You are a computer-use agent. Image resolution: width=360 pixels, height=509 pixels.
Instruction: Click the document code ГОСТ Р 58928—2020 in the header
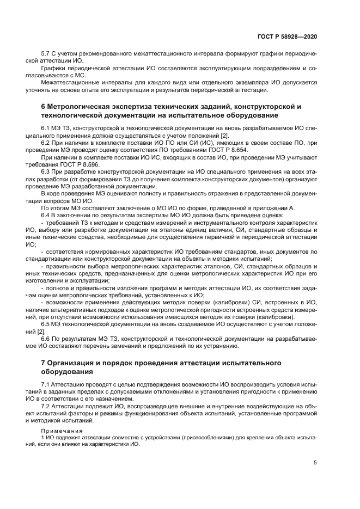pyautogui.click(x=287, y=36)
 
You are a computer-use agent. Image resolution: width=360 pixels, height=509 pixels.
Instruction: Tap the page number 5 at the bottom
pyautogui.click(x=315, y=463)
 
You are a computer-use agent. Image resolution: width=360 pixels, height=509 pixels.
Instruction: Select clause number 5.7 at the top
pyautogui.click(x=46, y=54)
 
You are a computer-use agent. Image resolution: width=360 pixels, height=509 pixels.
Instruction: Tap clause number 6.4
pyautogui.click(x=46, y=215)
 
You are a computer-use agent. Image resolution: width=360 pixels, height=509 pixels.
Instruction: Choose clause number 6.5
pyautogui.click(x=46, y=324)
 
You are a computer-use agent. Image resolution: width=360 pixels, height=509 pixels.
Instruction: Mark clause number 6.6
pyautogui.click(x=46, y=338)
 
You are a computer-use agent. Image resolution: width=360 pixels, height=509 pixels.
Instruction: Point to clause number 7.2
pyautogui.click(x=46, y=407)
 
